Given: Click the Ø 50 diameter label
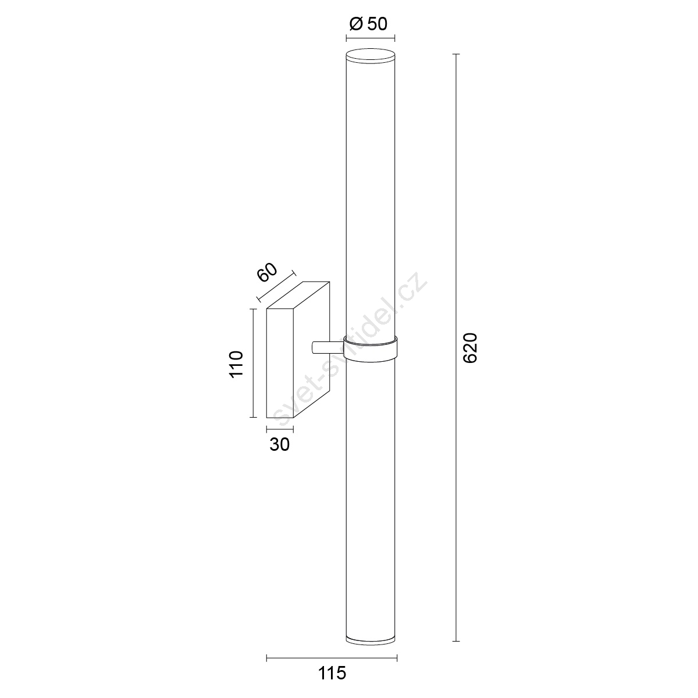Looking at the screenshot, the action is click(x=368, y=24).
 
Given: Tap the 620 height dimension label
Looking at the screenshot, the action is click(x=471, y=348).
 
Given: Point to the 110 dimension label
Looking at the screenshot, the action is click(x=236, y=364).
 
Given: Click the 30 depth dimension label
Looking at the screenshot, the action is click(x=280, y=444).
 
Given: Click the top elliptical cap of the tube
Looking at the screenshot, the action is click(x=370, y=56).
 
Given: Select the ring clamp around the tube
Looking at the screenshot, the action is click(x=370, y=348).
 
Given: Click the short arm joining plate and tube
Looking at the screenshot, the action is click(x=328, y=347).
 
